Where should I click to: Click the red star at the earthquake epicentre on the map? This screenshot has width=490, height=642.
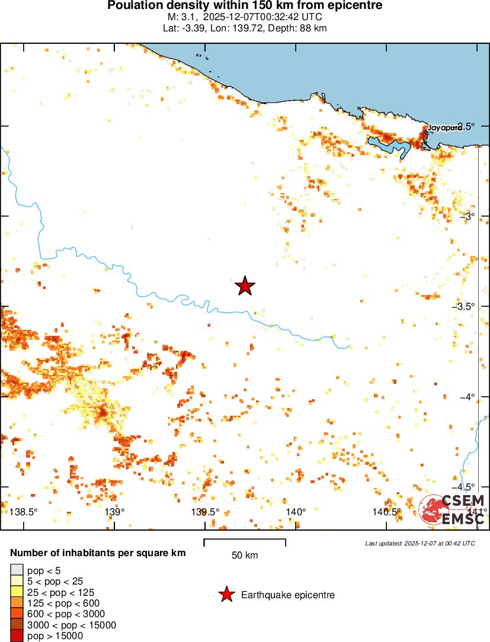pos(245,286)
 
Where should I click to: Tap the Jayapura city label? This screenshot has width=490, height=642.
pos(445,127)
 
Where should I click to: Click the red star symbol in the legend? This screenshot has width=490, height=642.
pos(226,595)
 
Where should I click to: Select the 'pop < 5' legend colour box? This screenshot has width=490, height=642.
pos(17,570)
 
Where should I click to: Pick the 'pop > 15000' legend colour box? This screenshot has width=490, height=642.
pos(17,636)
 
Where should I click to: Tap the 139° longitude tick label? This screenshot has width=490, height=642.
pos(114,512)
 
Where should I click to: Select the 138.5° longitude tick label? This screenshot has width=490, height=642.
pos(24,512)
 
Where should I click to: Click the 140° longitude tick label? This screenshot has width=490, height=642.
pos(296,512)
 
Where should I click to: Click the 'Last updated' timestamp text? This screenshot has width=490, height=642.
pos(420,543)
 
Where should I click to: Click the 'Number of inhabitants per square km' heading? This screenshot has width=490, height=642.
pos(98,553)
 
